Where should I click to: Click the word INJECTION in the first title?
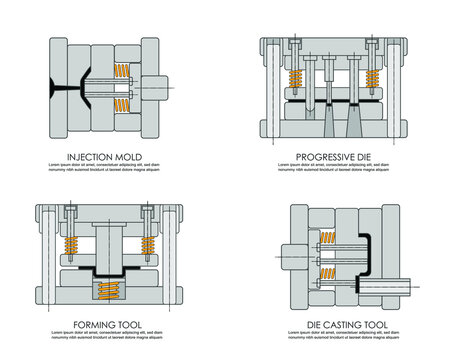tap(93, 157)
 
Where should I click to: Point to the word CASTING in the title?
tap(338, 325)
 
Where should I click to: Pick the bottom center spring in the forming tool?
tap(109, 290)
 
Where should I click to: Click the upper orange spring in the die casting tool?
tap(328, 240)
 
